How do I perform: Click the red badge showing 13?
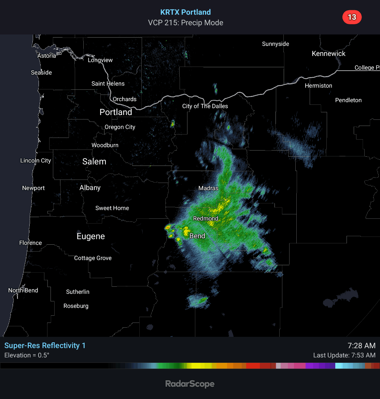[x=352, y=17]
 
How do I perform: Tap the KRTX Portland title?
[x=185, y=12]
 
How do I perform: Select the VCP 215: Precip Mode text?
[x=185, y=23]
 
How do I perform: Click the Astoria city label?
[x=47, y=56]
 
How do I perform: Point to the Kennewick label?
[x=328, y=54]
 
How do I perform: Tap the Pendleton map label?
[x=348, y=100]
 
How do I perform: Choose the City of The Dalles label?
[x=205, y=106]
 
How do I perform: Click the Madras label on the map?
[x=208, y=188]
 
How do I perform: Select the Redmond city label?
[x=206, y=218]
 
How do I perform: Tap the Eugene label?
[x=90, y=236]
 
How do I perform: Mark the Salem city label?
[x=94, y=162]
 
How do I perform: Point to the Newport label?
[x=33, y=188]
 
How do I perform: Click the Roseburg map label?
[x=76, y=306]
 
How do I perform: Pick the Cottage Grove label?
[x=93, y=258]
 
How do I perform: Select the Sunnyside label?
[x=276, y=44]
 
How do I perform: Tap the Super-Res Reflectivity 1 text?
[x=45, y=345]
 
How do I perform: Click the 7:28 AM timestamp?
[x=361, y=345]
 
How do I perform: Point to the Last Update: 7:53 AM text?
[x=344, y=355]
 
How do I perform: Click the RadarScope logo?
[x=190, y=384]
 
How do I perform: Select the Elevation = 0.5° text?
[x=27, y=355]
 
